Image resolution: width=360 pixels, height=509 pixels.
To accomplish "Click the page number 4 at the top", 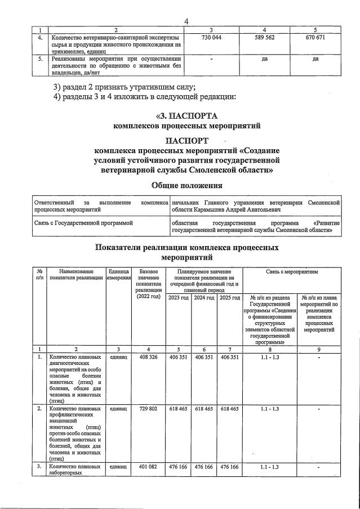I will [x=186, y=21].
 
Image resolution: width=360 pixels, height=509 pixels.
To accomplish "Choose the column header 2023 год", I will [x=179, y=297].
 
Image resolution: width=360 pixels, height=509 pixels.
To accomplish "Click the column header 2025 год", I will [x=229, y=297].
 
